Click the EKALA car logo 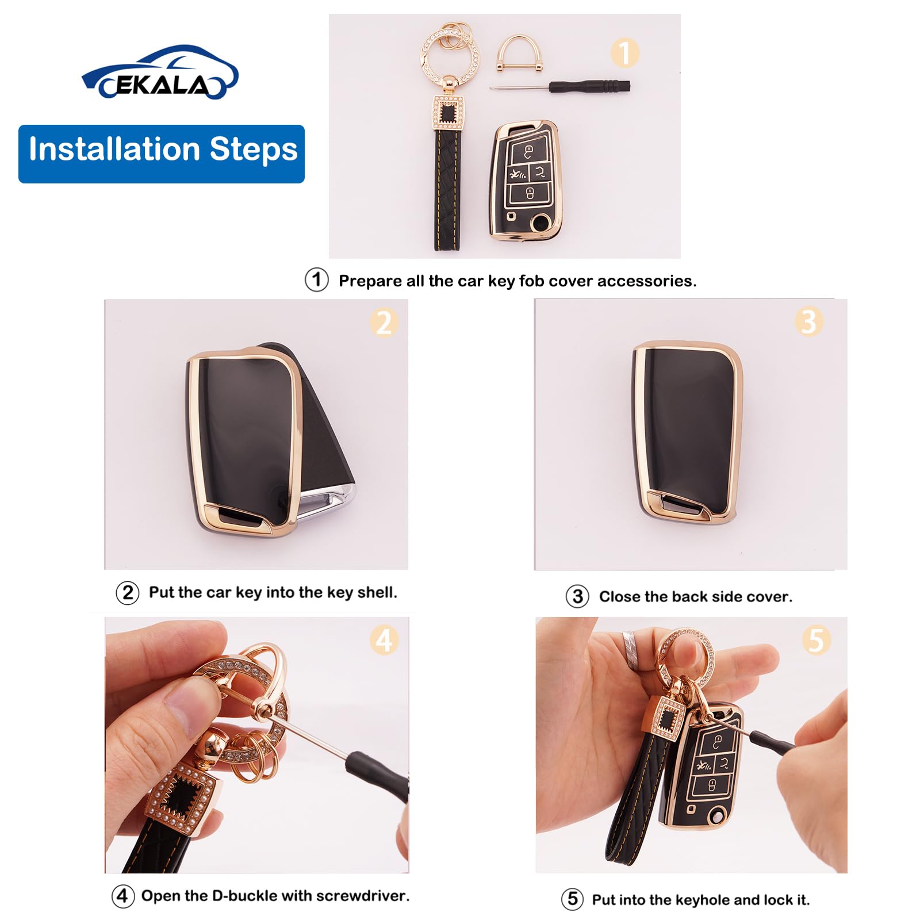(x=160, y=73)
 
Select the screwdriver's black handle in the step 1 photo (x=589, y=87)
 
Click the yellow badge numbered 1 (x=624, y=53)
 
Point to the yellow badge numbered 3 (x=808, y=322)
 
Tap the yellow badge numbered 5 (x=816, y=640)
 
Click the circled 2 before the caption (x=128, y=593)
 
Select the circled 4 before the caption (x=123, y=896)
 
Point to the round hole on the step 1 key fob (x=540, y=222)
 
